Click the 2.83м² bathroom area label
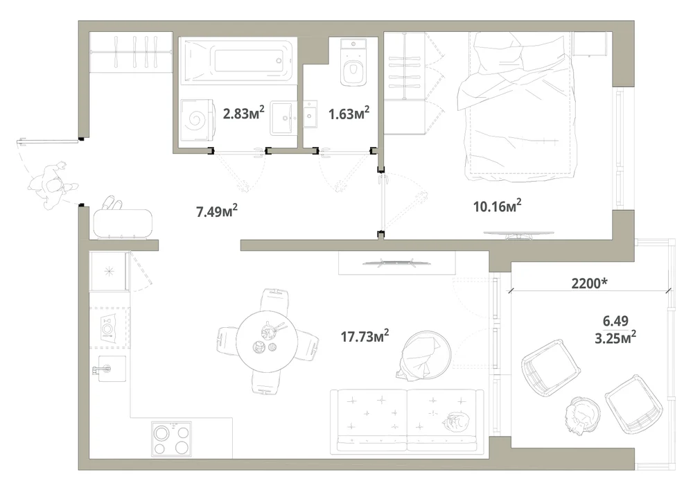click(x=244, y=113)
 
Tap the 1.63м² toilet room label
click(x=349, y=114)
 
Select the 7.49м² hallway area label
click(x=217, y=211)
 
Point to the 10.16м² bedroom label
click(x=497, y=206)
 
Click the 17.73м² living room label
click(x=365, y=336)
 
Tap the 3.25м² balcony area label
click(x=615, y=338)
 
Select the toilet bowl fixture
click(x=353, y=62)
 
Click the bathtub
click(x=238, y=60)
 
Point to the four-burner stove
click(x=171, y=438)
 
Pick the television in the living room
click(x=396, y=263)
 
